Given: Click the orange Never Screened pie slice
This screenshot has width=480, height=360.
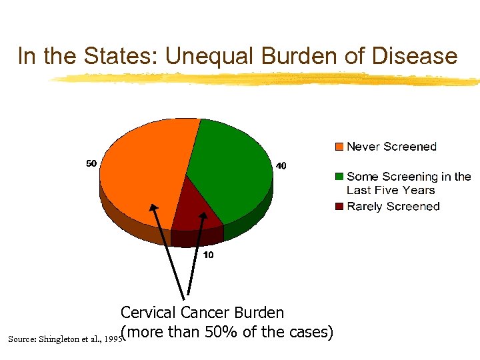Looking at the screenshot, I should [140, 173].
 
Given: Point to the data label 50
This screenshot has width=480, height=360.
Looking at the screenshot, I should [91, 163].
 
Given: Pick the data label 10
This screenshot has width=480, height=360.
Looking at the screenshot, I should [207, 255].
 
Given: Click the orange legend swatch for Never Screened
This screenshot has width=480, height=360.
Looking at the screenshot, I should [339, 147].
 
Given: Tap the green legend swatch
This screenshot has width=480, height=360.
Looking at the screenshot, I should [339, 177].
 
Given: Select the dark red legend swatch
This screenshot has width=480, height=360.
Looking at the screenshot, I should [339, 207].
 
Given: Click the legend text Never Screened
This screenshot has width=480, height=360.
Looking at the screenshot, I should [391, 147].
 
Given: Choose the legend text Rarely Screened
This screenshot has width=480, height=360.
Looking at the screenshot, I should [393, 207].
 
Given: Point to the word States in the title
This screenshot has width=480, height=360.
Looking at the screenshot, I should [123, 56].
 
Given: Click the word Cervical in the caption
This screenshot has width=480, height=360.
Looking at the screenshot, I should [149, 313].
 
